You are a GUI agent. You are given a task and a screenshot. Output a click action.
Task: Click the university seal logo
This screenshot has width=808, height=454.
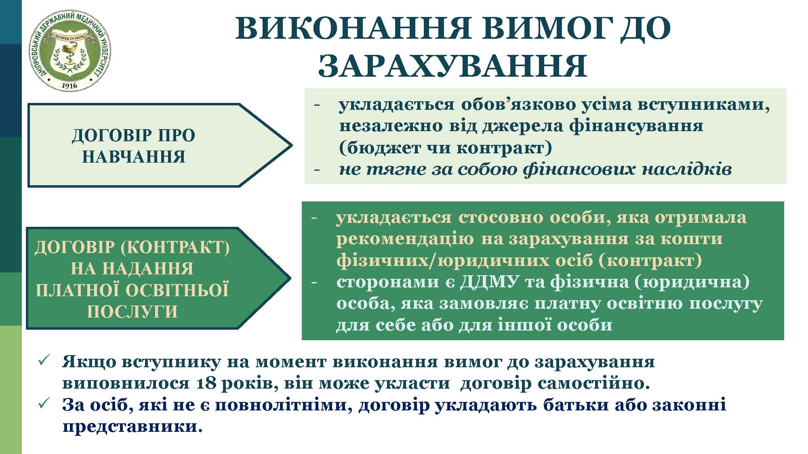(x=69, y=50)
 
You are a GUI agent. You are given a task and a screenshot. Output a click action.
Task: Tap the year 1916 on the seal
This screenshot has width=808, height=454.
(x=69, y=85)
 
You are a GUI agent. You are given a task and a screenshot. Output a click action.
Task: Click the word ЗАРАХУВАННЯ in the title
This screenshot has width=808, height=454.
(x=452, y=65)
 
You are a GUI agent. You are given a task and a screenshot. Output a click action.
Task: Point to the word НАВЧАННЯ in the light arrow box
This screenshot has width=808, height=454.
(x=134, y=157)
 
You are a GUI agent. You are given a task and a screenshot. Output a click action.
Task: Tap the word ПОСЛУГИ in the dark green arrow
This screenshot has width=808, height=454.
(x=133, y=312)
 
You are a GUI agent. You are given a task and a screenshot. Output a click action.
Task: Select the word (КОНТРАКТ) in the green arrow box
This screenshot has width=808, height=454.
(x=175, y=247)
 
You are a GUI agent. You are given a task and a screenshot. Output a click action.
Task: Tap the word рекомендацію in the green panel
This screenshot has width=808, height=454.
(x=405, y=239)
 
